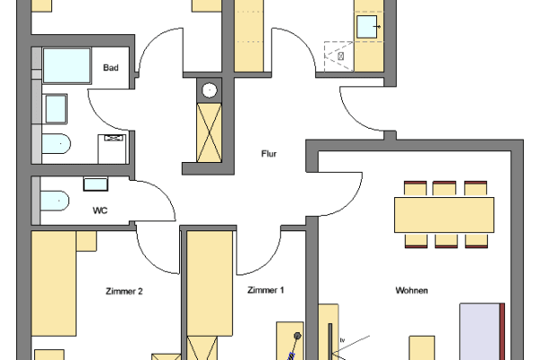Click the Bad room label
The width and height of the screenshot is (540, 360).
click(111, 68)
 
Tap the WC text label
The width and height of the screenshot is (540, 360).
click(101, 211)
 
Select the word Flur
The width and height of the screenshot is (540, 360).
click(267, 154)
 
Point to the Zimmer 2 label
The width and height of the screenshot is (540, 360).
click(124, 291)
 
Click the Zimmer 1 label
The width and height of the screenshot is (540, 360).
click(265, 290)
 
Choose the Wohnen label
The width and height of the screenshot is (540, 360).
click(411, 291)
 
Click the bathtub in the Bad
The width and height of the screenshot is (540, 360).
click(66, 66)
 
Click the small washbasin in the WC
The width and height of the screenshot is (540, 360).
click(95, 184)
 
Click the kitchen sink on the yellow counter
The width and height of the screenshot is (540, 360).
click(367, 27)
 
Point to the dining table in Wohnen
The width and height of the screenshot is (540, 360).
click(444, 214)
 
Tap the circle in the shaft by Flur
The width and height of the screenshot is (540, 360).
click(210, 89)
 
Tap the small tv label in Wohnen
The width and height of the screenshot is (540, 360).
click(342, 339)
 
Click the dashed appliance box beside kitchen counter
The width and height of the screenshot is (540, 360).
click(336, 53)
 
